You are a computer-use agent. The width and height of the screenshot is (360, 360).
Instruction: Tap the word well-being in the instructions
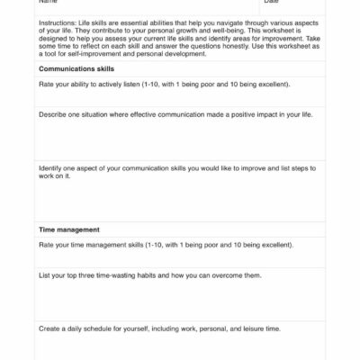(205, 24)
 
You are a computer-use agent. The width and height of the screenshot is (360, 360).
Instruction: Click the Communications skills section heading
(83, 68)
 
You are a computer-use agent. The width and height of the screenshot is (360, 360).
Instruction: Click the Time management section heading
(69, 229)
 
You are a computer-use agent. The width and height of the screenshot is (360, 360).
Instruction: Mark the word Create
(49, 328)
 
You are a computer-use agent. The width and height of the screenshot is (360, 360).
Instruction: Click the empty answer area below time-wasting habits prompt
(180, 301)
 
